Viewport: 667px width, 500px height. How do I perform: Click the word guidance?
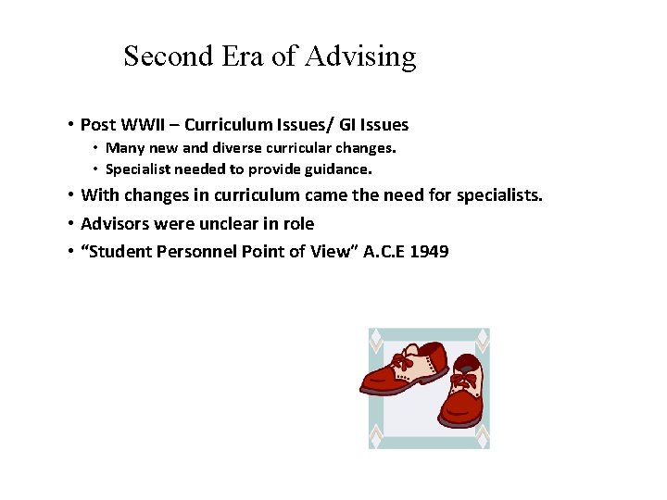tap(339, 169)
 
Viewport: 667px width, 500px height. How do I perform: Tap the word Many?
tap(123, 148)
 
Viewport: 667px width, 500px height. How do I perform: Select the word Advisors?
tap(115, 223)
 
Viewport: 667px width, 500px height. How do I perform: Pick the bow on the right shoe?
tap(463, 380)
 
